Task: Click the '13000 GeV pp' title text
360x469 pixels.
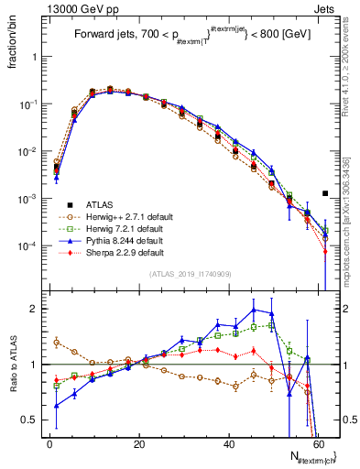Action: pos(72,8)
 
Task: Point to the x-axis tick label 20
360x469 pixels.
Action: pos(139,443)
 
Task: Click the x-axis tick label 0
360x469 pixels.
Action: pos(50,443)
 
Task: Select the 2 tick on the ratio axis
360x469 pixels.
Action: pos(34,309)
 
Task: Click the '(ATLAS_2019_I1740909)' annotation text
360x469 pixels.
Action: pos(190,274)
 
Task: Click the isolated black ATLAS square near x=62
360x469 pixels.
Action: pos(325,193)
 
